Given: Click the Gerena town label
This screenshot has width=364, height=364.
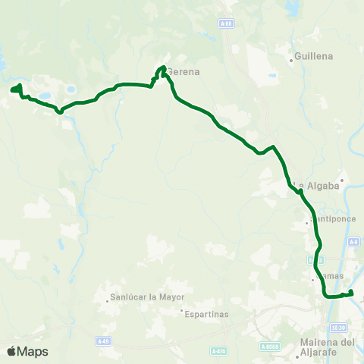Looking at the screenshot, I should click(x=182, y=72).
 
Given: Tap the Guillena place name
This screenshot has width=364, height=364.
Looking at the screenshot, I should click(x=314, y=55).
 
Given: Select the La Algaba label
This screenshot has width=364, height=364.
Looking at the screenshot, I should click(x=310, y=187).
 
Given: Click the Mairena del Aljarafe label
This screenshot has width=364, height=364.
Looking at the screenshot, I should click(x=328, y=347).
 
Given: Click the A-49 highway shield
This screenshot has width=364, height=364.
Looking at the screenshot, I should click(x=103, y=341).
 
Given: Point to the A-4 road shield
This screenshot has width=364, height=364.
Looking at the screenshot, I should click(x=353, y=242).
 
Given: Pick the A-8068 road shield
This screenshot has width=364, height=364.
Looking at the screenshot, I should click(x=269, y=347).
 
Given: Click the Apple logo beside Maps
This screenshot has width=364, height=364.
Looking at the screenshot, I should click(x=11, y=351).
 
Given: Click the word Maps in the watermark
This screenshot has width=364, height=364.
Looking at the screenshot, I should click(x=33, y=351).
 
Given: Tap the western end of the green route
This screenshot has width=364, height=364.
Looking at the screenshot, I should click(x=13, y=90).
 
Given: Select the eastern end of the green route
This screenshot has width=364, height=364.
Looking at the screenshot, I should click(x=351, y=293).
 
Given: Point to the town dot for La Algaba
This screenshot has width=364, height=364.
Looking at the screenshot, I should click(x=342, y=180).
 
